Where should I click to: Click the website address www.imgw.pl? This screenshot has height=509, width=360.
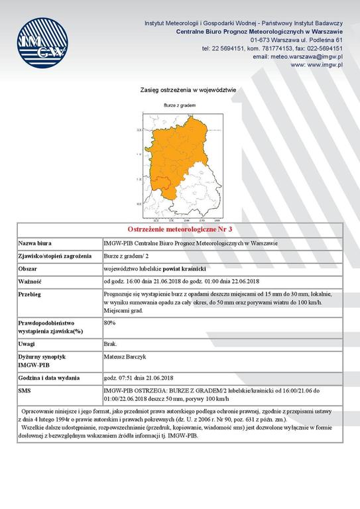316,65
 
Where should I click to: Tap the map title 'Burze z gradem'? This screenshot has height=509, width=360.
178,105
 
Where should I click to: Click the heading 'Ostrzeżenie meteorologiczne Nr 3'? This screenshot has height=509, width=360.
180,229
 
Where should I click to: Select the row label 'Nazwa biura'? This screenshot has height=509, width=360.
36,243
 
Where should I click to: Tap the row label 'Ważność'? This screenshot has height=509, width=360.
30,282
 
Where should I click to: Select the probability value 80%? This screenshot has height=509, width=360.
110,322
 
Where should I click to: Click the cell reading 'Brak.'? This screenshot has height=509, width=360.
111,344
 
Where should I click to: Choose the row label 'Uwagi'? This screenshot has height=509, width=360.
27,344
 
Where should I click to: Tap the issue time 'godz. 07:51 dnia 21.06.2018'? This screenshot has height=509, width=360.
143,378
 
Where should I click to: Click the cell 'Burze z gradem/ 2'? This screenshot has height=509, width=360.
127,256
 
